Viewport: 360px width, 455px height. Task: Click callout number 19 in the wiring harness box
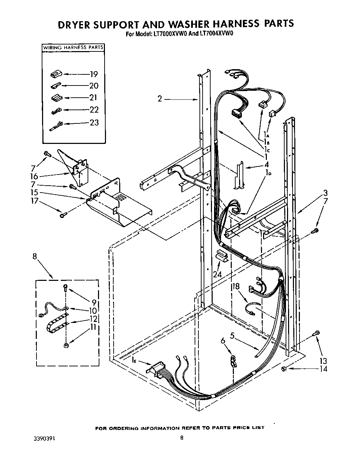(93, 74)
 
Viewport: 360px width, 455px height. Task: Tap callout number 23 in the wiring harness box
(94, 123)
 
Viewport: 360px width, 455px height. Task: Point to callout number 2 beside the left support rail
(159, 99)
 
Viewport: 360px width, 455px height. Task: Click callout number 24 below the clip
(218, 274)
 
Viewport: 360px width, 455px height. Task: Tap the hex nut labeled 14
(284, 368)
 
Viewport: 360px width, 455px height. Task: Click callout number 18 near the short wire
(236, 286)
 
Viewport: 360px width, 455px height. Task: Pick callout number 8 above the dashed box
(34, 257)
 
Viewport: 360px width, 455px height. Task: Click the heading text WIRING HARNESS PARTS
(73, 47)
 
